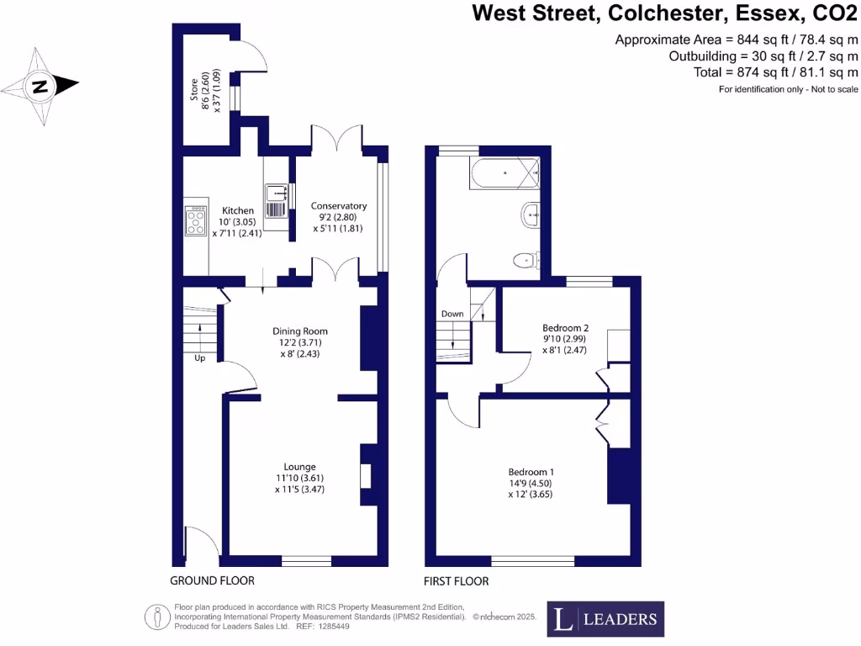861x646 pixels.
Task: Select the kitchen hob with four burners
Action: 196,221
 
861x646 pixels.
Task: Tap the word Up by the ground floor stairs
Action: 199,357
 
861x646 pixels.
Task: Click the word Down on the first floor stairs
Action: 452,314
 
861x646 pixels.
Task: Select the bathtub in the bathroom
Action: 503,176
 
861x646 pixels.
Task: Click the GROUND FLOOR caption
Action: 212,581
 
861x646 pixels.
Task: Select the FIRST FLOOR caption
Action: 457,581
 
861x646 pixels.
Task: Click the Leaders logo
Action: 605,619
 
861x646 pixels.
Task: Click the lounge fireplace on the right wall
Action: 366,476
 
